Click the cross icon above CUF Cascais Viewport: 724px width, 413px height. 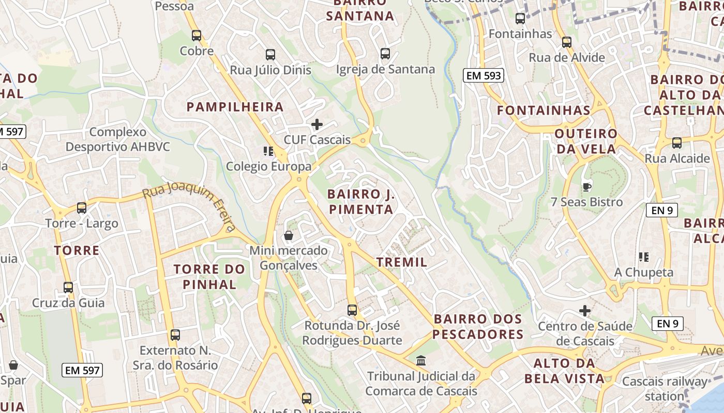(x=317, y=124)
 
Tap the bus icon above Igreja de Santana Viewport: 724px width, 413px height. (x=385, y=54)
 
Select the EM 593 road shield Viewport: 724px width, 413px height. (x=484, y=76)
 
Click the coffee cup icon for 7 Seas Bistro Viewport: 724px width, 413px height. (x=586, y=186)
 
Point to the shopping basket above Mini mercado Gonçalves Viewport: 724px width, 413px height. (x=289, y=236)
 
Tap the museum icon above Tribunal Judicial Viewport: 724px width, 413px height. (x=421, y=360)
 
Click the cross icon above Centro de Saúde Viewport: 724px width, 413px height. (x=585, y=311)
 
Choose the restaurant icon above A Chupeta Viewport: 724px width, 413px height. (x=644, y=257)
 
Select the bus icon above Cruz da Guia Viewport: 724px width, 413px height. (x=68, y=288)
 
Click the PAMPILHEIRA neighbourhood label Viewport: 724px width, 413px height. (x=235, y=107)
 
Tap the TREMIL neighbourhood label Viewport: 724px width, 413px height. (x=402, y=262)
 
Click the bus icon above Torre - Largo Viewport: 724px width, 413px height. (x=82, y=208)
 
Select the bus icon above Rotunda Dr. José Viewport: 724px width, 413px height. (x=352, y=310)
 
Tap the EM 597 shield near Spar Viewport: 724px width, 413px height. (x=83, y=370)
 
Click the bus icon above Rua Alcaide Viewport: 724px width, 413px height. (x=676, y=143)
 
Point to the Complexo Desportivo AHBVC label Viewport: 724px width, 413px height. (x=118, y=139)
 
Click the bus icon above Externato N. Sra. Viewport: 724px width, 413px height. (x=175, y=335)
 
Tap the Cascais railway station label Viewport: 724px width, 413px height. (x=665, y=389)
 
